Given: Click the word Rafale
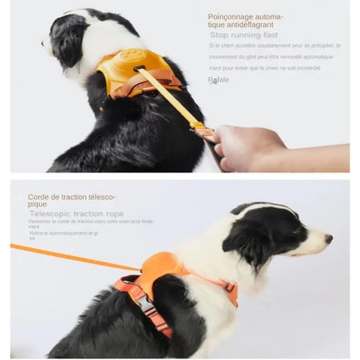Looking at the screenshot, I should click(218, 80).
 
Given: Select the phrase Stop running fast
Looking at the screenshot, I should click(244, 35).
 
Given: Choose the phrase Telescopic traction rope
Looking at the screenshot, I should click(76, 213).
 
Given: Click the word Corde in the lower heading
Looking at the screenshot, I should click(37, 196).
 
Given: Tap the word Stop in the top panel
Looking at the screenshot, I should click(219, 35).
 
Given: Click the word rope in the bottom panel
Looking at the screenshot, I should click(115, 213).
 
